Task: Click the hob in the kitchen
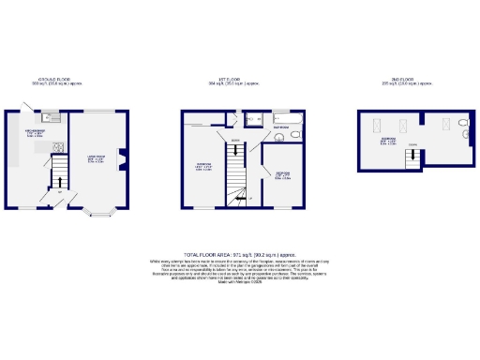pos(57,145)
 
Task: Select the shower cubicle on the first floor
pos(253,120)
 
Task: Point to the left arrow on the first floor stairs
pos(242,199)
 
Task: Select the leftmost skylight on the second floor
pos(376,128)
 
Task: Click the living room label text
pos(97,158)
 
